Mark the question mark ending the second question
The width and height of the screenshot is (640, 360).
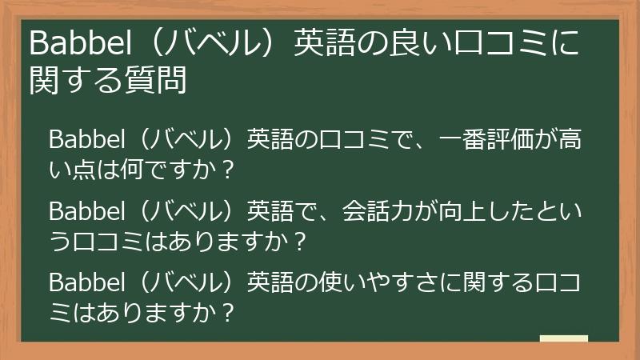coord(300,242)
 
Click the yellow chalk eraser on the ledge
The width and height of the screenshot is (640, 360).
coord(563,339)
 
